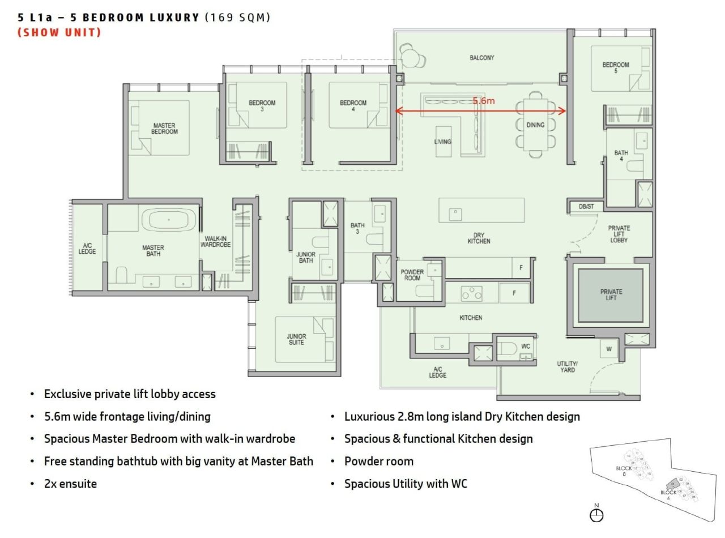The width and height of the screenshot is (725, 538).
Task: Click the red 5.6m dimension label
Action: (484, 101)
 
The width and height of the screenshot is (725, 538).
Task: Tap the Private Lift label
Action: (611, 295)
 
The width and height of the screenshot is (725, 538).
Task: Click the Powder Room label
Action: (412, 275)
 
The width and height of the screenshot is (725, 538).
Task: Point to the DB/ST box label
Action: (586, 207)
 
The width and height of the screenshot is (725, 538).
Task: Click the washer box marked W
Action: (609, 349)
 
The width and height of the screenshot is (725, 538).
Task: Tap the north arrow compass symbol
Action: (596, 514)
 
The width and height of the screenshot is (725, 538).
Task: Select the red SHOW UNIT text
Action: (59, 32)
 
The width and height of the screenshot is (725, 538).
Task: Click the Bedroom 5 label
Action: (616, 68)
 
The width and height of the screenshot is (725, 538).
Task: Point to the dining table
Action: (535, 125)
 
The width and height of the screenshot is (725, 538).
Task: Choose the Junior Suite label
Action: (296, 339)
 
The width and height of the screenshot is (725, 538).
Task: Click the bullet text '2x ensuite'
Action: (70, 484)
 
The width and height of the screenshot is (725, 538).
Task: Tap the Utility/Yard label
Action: (567, 366)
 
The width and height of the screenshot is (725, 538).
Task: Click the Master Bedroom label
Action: (164, 129)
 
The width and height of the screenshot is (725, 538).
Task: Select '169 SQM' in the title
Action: (237, 18)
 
